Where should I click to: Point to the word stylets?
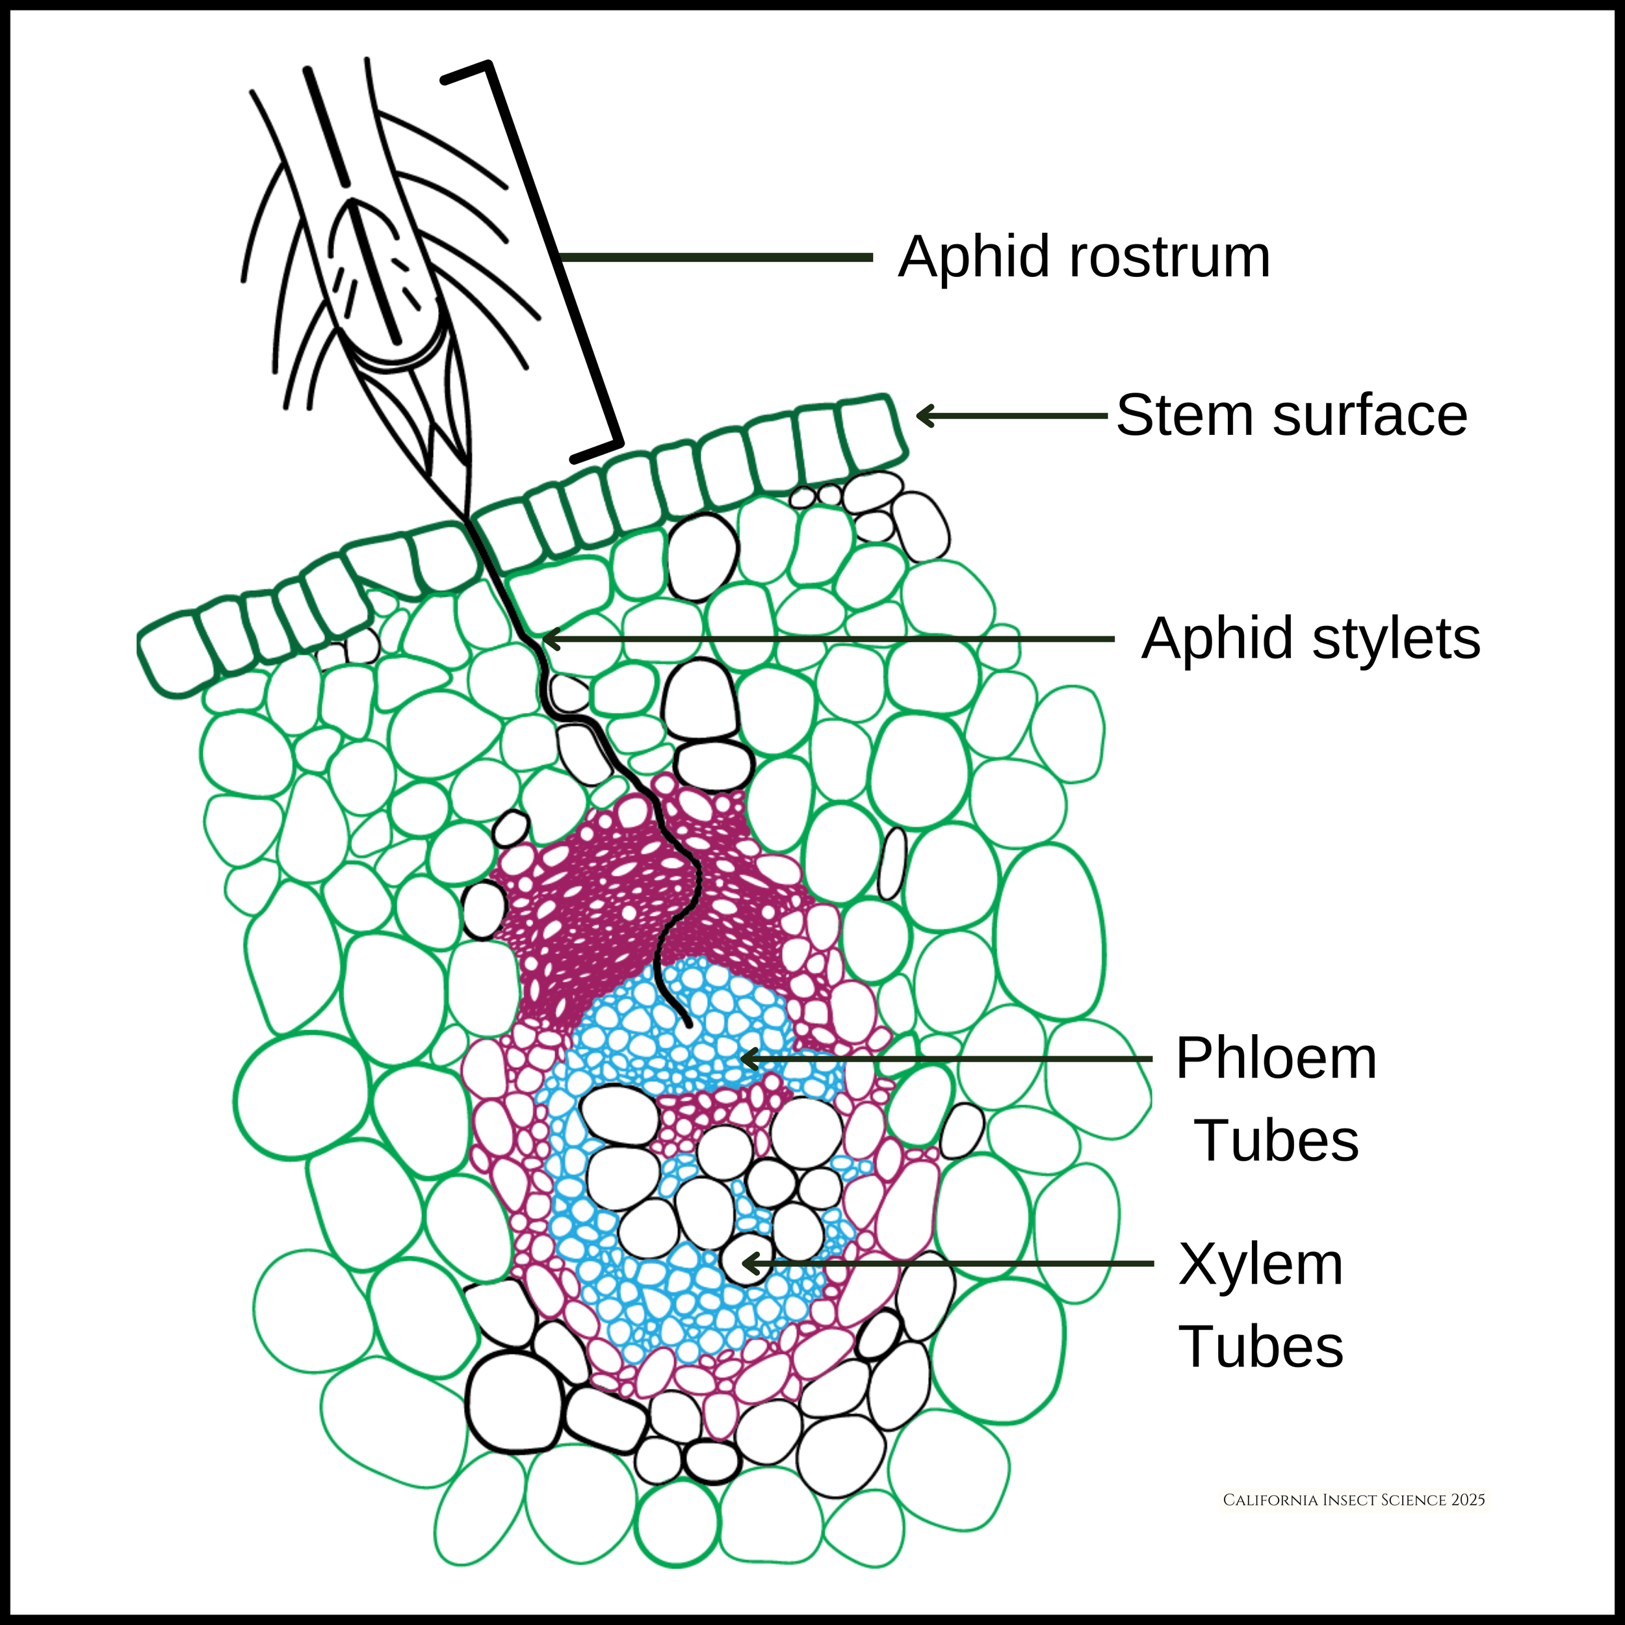point(1396,639)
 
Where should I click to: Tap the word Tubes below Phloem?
point(1276,1141)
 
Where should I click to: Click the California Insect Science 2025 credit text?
point(1353,1500)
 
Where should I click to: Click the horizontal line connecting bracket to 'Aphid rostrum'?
point(715,257)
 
